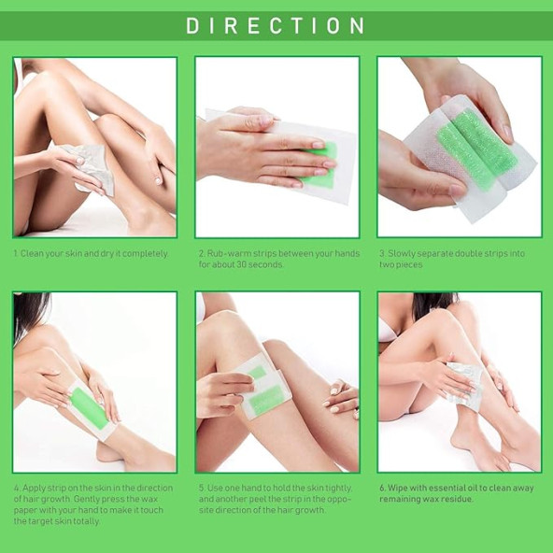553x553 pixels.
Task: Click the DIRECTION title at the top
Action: (x=276, y=25)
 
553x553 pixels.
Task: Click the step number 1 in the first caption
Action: (x=15, y=253)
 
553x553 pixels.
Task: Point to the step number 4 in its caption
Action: (x=16, y=487)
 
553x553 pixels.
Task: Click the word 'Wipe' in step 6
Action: (x=398, y=487)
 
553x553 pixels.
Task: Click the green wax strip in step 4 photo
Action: (x=90, y=408)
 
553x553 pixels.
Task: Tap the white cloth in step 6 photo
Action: (x=467, y=383)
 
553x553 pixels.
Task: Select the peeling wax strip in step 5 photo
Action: (x=263, y=388)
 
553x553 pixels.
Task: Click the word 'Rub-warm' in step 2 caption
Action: (x=226, y=253)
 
